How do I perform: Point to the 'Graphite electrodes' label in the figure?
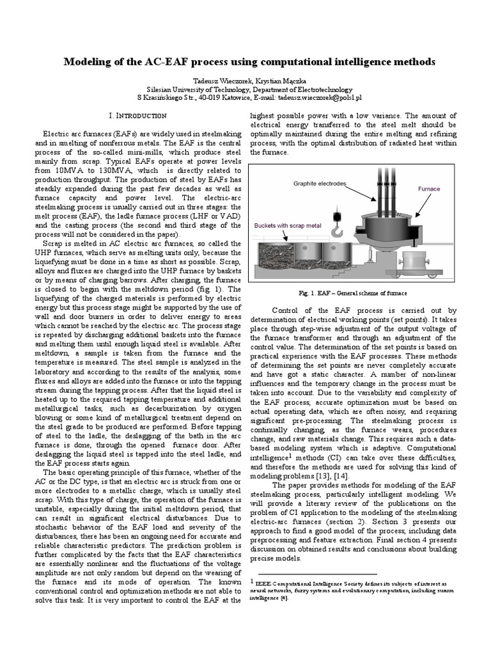(320, 184)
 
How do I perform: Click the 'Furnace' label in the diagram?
(429, 189)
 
